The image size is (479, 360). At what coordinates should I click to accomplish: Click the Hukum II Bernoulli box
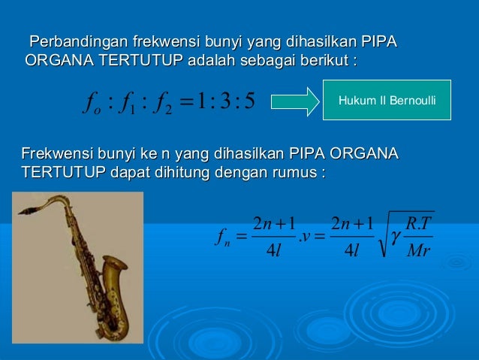387,100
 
